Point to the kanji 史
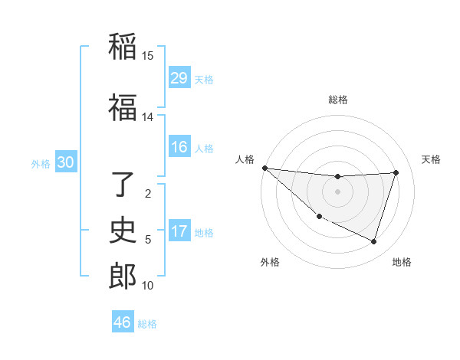123,230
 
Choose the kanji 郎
123,276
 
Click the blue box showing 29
179,78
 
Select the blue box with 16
179,147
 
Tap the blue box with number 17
179,231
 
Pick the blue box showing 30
65,162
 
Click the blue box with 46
123,322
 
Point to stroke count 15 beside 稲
148,56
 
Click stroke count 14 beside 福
148,117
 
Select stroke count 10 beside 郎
148,286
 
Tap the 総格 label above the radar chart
337,100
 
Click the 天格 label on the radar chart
431,160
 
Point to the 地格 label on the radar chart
402,262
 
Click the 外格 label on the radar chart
270,262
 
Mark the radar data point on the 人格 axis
264,168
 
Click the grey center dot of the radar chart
337,191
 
